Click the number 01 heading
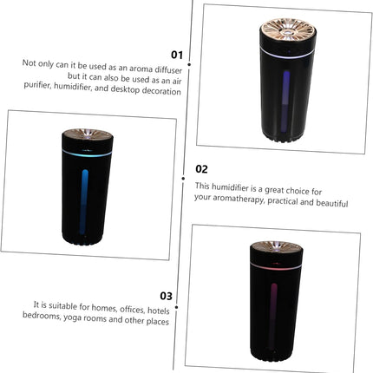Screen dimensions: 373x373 pos(177,53)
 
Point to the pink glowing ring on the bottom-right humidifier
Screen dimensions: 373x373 pos(280,270)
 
